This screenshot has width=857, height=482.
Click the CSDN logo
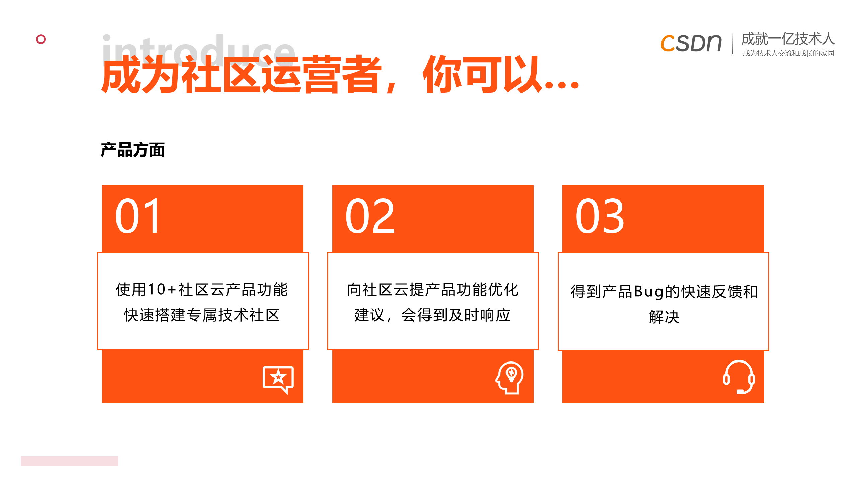pos(691,43)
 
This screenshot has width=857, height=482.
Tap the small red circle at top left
pos(41,39)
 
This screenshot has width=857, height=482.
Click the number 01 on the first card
pos(138,216)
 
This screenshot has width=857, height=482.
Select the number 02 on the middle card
pos(370,216)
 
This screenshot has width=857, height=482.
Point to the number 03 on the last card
pos(600,216)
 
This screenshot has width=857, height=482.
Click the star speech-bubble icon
pos(278,380)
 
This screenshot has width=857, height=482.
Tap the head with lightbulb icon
pos(510,378)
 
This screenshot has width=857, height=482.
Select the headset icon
pos(739,377)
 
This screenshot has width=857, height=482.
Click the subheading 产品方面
pos(133,150)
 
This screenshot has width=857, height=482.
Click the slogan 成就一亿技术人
pos(788,39)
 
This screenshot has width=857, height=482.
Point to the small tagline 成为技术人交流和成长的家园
pos(788,53)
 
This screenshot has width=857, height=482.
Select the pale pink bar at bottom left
pos(69,461)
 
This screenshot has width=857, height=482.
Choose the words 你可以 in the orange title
pos(482,74)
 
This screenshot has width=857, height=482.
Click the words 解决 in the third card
pos(664,317)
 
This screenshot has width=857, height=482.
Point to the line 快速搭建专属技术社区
pos(202,315)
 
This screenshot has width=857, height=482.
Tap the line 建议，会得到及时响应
pos(433,315)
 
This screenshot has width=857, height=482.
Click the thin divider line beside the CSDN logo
pos(732,44)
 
